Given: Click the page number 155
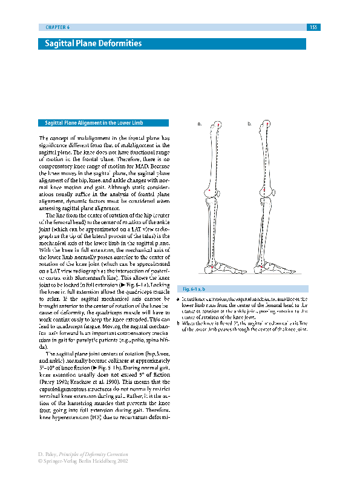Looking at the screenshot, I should coord(313,27).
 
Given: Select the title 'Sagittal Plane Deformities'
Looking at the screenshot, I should coord(93,44).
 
